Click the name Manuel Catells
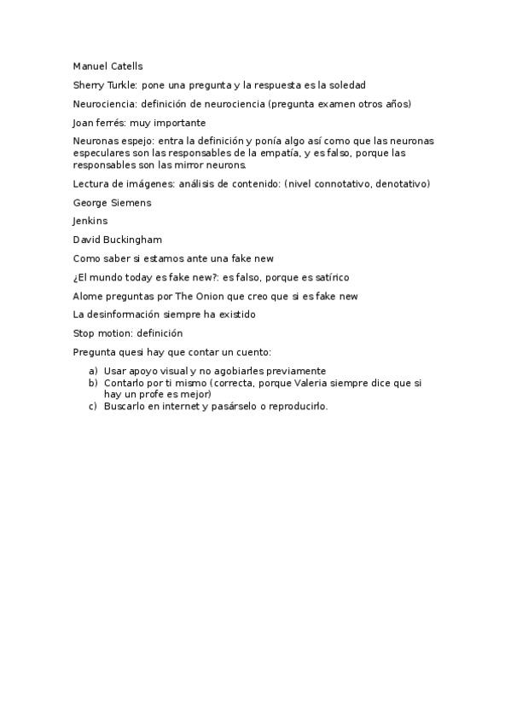(x=107, y=66)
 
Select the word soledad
(x=346, y=85)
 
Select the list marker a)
(x=93, y=371)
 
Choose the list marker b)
(x=93, y=383)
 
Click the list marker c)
(x=93, y=406)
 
